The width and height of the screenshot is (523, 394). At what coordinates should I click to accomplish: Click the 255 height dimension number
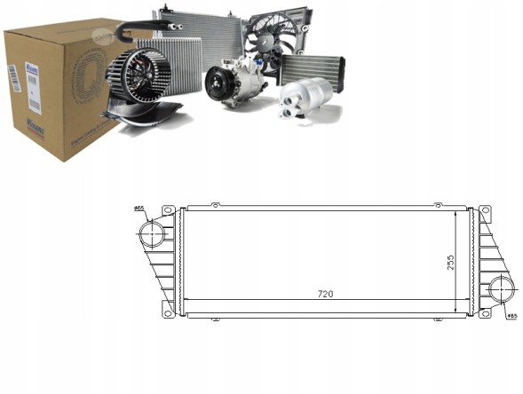(450, 262)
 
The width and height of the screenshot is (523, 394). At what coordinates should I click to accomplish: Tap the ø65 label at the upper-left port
(139, 209)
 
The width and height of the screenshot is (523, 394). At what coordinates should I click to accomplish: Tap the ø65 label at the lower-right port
(511, 315)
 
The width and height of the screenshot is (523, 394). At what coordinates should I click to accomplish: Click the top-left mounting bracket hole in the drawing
(167, 211)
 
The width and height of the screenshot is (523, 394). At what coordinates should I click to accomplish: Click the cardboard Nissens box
(53, 93)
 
